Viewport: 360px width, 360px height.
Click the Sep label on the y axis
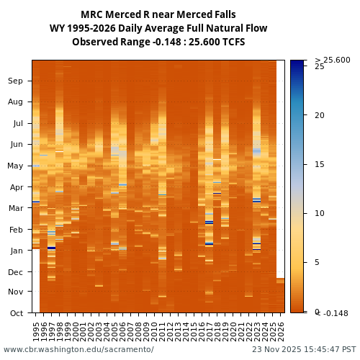coord(15,81)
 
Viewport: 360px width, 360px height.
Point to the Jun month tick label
coord(15,144)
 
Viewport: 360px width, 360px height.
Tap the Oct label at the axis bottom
coord(15,313)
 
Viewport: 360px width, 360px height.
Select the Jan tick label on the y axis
coord(15,251)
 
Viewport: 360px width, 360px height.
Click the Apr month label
coord(15,187)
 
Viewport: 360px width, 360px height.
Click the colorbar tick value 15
coord(320,164)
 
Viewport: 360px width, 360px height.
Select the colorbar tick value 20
coord(320,115)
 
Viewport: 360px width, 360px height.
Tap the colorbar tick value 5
coord(318,263)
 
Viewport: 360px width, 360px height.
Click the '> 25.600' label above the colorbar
coord(333,60)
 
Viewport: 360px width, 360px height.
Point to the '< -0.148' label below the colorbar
coord(333,313)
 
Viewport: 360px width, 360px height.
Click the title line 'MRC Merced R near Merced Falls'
coord(158,14)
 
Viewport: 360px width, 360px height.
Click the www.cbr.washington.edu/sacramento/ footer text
coord(78,350)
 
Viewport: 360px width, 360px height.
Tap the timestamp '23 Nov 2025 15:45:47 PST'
coord(304,350)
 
